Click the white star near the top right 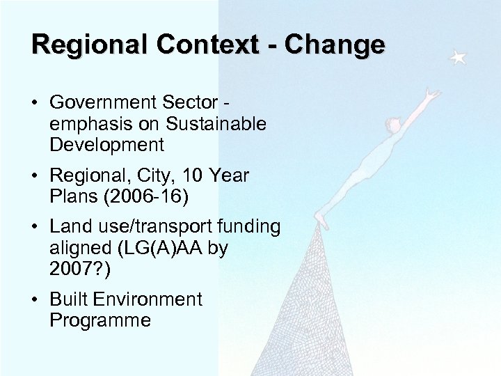(457, 58)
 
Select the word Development (107, 145)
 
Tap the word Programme (100, 320)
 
